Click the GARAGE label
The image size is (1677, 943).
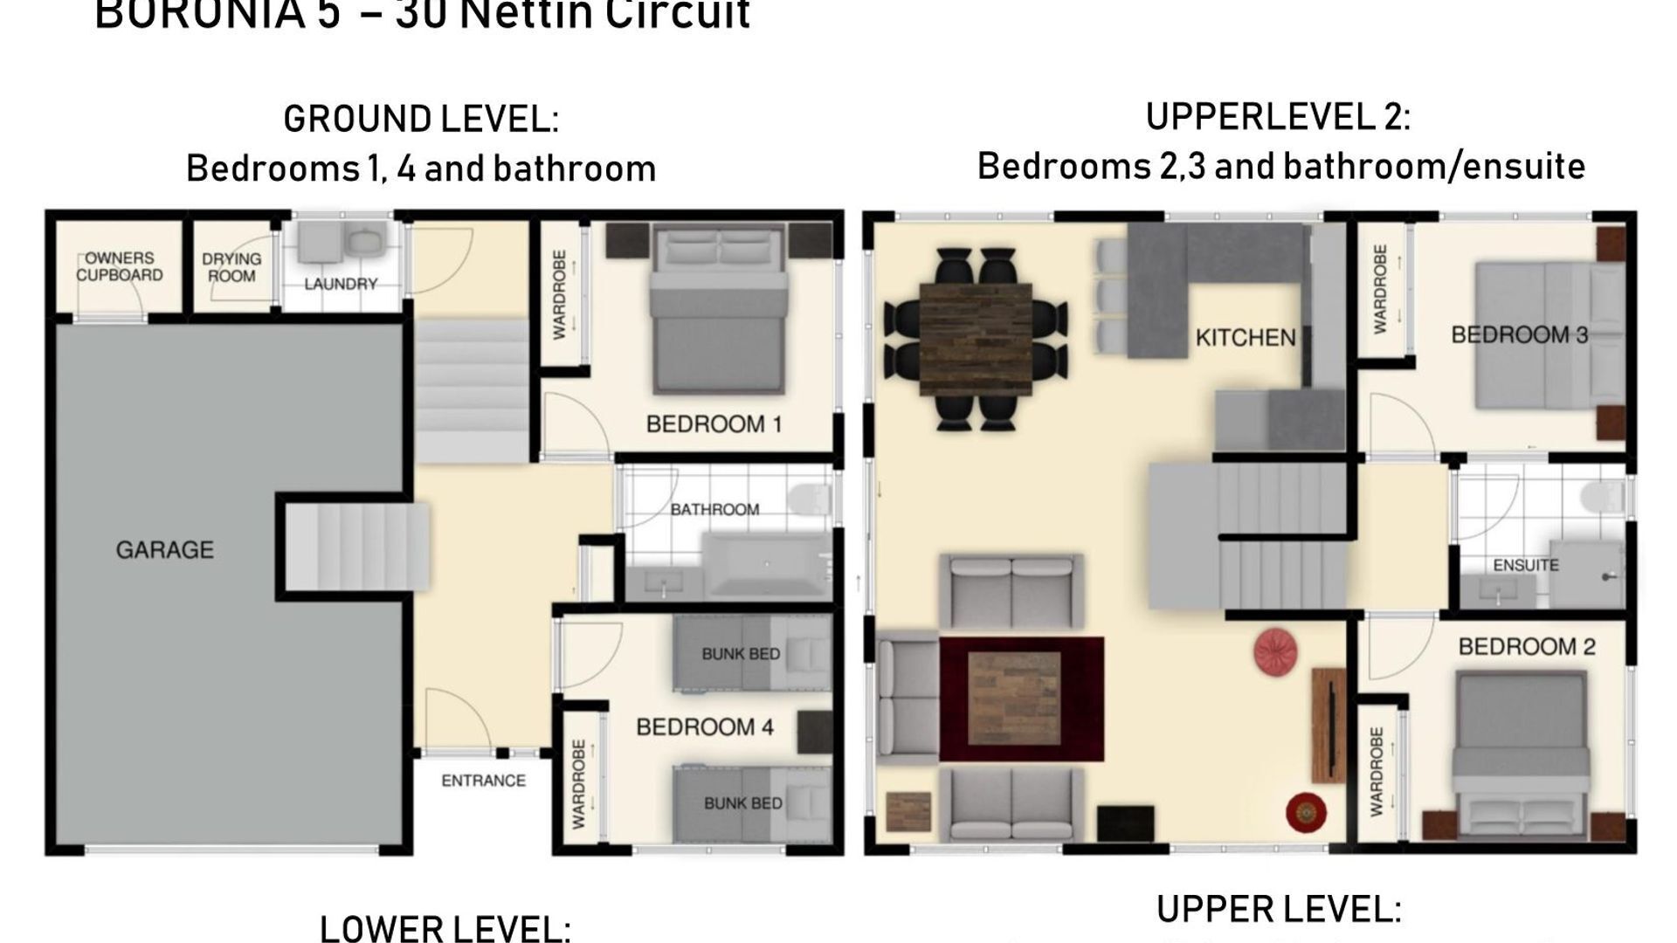(164, 550)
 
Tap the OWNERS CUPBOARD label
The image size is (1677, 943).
(120, 267)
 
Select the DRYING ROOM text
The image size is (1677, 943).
(231, 267)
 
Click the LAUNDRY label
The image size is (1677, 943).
(341, 284)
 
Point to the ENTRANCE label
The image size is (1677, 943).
(483, 781)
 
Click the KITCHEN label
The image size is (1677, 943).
(1245, 338)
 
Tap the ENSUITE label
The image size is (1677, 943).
(1525, 565)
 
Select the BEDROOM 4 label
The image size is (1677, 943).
(704, 727)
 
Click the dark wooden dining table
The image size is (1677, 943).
(976, 340)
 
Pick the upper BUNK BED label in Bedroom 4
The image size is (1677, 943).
(741, 654)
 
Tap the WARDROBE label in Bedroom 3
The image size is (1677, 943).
(1380, 289)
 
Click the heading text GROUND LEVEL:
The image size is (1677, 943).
(420, 120)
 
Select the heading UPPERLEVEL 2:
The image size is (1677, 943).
(1277, 117)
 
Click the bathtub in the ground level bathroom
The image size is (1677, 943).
(767, 565)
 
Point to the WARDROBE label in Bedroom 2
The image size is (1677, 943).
(1377, 772)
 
